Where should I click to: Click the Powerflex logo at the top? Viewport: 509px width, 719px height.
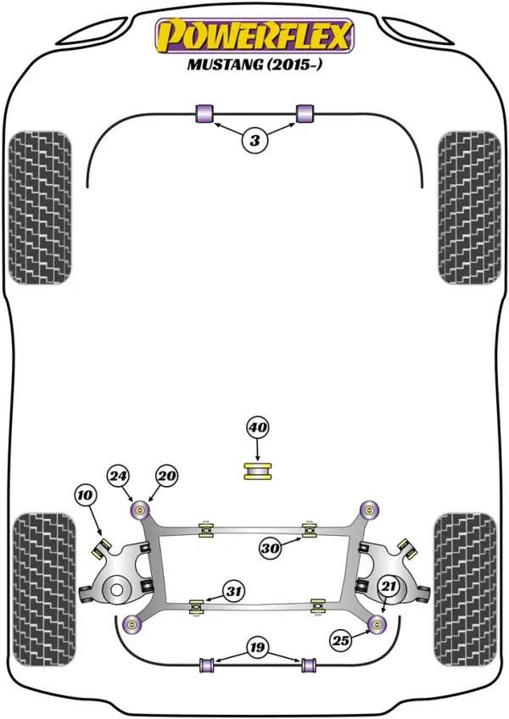(255, 36)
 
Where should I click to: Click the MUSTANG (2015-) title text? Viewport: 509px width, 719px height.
(255, 64)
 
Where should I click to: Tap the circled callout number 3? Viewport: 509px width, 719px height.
(255, 140)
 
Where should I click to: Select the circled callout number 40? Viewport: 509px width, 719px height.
(257, 428)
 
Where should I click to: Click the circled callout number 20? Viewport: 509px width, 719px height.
(166, 477)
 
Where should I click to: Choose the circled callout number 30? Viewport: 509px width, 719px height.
(271, 548)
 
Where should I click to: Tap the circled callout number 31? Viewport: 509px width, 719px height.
(234, 592)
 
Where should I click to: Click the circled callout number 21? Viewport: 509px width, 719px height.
(389, 585)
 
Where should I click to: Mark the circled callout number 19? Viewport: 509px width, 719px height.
(257, 647)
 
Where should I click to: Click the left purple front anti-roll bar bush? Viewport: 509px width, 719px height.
(204, 114)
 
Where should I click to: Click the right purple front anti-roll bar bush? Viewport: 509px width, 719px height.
(305, 114)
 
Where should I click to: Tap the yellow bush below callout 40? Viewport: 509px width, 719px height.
(258, 472)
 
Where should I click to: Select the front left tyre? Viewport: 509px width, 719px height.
(40, 208)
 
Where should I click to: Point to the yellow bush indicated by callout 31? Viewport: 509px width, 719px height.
(198, 605)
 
